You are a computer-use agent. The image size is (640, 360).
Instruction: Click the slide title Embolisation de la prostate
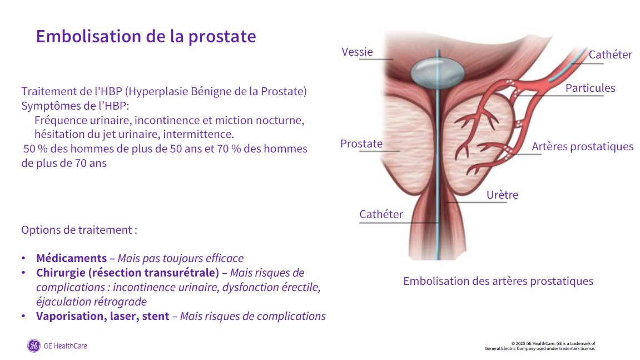tap(146, 36)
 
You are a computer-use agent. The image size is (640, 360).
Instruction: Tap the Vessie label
tap(357, 52)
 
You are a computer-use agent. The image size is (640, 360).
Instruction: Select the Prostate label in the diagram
tap(361, 144)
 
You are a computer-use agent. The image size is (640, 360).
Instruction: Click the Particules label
tap(590, 88)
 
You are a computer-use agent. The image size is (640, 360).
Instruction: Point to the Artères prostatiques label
tap(582, 147)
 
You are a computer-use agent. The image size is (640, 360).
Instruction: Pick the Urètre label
tap(502, 195)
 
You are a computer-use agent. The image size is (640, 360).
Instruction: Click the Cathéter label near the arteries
tap(610, 55)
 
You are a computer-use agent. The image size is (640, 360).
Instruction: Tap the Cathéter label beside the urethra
tap(381, 214)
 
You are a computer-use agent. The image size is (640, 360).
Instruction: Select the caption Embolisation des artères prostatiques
tap(498, 281)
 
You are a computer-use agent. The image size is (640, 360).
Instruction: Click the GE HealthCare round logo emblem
tap(34, 346)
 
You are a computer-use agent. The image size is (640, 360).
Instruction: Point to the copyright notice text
tap(540, 346)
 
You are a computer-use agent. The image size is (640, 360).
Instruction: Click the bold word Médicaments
tap(71, 258)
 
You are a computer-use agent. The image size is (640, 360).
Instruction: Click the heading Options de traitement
tap(79, 230)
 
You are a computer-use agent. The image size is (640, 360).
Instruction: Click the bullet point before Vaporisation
tap(24, 316)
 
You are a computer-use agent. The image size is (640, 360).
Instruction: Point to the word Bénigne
tap(211, 92)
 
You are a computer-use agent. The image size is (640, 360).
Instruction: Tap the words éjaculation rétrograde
tap(91, 302)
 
